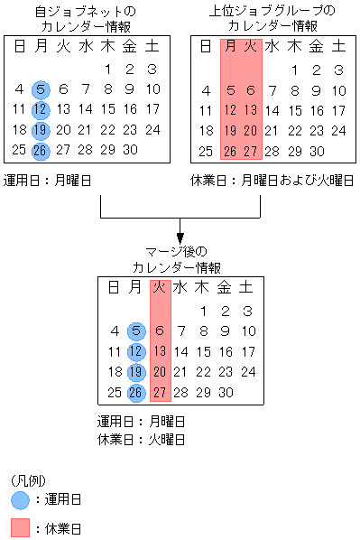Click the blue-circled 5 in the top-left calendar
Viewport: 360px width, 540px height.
click(42, 88)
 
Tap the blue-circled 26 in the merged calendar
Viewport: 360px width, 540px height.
click(136, 392)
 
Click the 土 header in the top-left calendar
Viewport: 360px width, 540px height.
click(152, 47)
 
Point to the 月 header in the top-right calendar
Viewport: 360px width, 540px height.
click(229, 47)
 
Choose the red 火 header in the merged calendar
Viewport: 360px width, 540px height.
click(159, 288)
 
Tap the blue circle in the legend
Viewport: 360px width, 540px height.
click(21, 499)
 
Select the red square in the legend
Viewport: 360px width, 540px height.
click(21, 527)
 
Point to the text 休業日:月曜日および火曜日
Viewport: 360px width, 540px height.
click(272, 180)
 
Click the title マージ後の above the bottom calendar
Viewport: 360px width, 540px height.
click(177, 249)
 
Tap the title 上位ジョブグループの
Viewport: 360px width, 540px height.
click(272, 11)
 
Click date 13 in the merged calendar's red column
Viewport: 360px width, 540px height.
click(159, 350)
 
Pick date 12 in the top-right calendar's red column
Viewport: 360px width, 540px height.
click(229, 109)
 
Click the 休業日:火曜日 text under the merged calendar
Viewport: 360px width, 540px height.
click(141, 440)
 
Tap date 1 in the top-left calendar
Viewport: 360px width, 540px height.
click(107, 69)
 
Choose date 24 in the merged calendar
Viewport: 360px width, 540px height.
click(247, 371)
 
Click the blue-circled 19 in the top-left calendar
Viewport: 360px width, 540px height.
click(42, 130)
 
